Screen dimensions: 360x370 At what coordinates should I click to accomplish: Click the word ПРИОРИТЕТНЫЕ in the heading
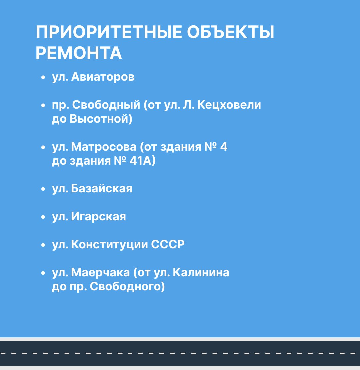click(109, 32)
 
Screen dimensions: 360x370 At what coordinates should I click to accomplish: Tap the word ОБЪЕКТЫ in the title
click(231, 32)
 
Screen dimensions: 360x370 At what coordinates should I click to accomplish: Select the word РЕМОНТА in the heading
click(79, 53)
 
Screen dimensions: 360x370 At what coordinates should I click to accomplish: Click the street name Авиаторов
click(103, 77)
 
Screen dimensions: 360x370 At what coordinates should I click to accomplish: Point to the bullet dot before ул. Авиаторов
click(43, 77)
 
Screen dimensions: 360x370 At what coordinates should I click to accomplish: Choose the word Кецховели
click(229, 105)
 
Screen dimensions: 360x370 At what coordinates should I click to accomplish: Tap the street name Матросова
click(104, 147)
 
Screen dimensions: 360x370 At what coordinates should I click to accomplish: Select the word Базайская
click(102, 188)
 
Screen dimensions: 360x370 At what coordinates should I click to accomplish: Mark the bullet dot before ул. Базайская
click(43, 189)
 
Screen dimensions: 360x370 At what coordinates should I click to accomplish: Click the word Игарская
click(99, 216)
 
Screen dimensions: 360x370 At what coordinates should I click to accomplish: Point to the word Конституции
click(109, 244)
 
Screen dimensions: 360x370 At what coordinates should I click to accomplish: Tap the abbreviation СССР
click(168, 244)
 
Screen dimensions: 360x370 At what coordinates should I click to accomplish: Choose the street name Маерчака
click(100, 272)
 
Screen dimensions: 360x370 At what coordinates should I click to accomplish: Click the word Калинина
click(201, 272)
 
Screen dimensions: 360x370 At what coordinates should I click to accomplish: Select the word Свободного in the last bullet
click(125, 286)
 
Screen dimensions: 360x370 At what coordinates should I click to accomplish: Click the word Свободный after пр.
click(106, 105)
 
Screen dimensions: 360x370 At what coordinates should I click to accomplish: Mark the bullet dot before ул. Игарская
click(43, 217)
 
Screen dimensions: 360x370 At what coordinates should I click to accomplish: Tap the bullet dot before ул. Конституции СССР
click(43, 245)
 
